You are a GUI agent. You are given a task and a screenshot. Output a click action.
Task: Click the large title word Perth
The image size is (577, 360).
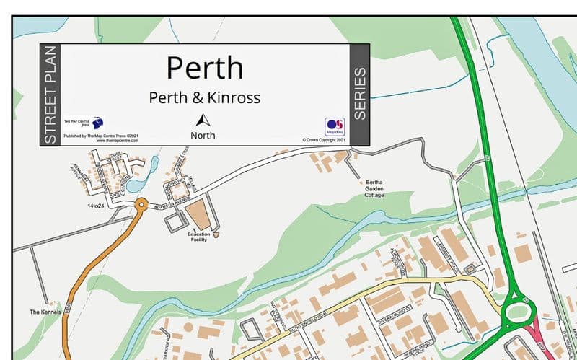pyautogui.click(x=205, y=67)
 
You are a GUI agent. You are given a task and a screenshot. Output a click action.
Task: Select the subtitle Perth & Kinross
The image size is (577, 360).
pyautogui.click(x=204, y=97)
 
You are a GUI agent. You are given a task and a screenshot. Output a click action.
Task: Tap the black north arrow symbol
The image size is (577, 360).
pyautogui.click(x=203, y=120)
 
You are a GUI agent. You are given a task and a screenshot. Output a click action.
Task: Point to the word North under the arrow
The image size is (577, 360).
pyautogui.click(x=203, y=135)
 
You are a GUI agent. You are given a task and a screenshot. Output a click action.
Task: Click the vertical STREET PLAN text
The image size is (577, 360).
pyautogui.click(x=50, y=95)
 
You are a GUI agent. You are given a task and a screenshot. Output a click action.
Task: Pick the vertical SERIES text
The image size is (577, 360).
pyautogui.click(x=360, y=94)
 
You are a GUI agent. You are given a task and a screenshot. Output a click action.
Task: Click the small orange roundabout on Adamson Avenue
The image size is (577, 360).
pyautogui.click(x=141, y=205)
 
